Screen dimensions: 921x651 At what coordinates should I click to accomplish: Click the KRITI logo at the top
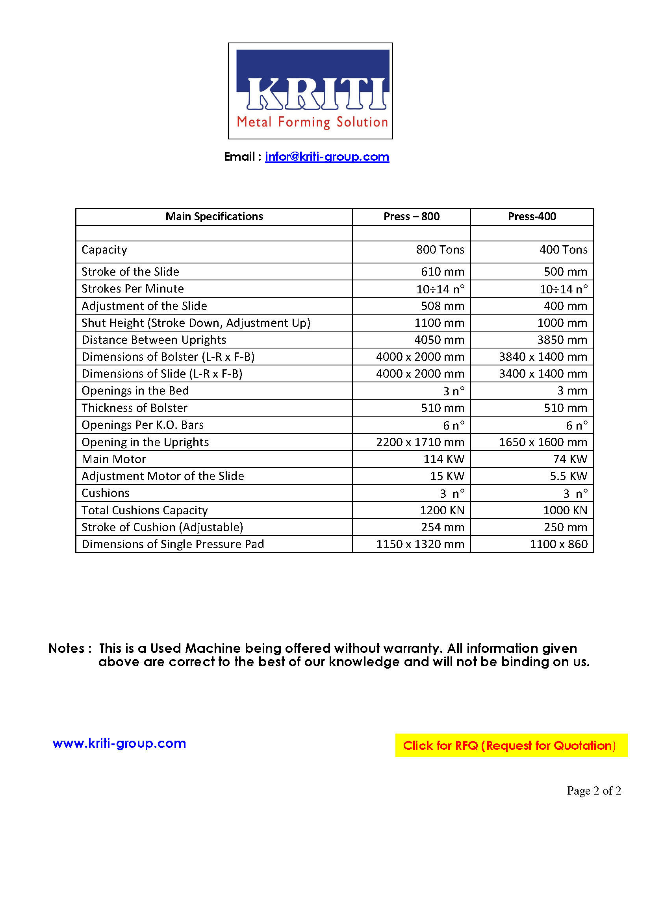click(x=310, y=91)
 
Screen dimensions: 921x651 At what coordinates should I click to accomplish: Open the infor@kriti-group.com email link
click(x=326, y=156)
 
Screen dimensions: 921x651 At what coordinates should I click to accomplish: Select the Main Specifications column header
click(x=214, y=217)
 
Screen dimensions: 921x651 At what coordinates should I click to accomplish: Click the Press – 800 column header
click(x=411, y=217)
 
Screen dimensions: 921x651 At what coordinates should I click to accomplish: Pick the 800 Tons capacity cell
click(x=440, y=250)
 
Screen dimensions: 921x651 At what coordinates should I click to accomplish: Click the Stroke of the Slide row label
click(x=130, y=272)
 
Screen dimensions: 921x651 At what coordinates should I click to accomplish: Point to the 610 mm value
click(x=442, y=272)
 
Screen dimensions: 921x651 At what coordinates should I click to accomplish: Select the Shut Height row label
click(x=196, y=323)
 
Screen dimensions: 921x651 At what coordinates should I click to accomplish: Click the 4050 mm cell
click(x=439, y=340)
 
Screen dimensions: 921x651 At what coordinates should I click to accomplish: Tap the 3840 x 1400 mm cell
click(x=542, y=357)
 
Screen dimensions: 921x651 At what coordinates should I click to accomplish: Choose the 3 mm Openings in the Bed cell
click(x=571, y=391)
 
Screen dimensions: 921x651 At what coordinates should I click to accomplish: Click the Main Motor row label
click(x=113, y=459)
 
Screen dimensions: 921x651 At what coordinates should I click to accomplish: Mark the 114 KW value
click(x=443, y=459)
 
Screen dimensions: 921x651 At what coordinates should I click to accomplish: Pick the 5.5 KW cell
click(x=568, y=476)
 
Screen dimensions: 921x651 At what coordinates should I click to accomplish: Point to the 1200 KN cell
click(x=441, y=510)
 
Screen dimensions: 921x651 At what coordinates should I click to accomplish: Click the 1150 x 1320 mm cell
click(x=419, y=544)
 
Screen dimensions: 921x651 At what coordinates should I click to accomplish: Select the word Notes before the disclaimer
click(x=67, y=649)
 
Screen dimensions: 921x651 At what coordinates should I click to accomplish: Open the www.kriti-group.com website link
click(x=119, y=743)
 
